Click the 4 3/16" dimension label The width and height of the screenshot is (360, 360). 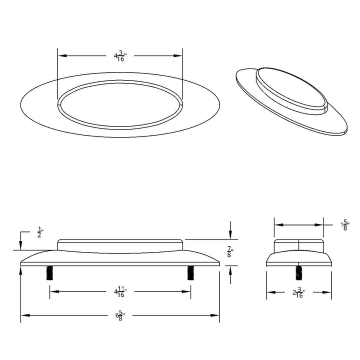coord(120,56)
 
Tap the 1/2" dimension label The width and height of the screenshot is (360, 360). coord(40,232)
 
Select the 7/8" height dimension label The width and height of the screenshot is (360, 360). coord(230,251)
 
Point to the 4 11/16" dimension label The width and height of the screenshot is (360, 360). coord(120,292)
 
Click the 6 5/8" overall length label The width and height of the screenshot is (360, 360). coord(120,315)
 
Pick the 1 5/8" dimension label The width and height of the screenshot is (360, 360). coord(345,226)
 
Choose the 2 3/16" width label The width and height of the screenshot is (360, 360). coord(299,293)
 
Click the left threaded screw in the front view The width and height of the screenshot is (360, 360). coord(49,273)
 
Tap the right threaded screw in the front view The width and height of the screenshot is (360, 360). coord(190,273)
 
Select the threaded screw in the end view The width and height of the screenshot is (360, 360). coord(298,273)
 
